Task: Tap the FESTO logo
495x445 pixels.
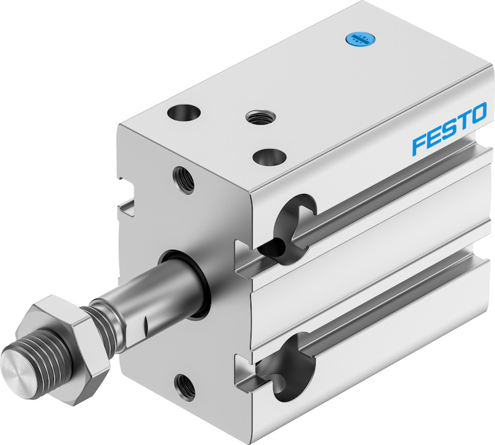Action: pyautogui.click(x=449, y=129)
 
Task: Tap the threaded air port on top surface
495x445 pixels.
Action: pyautogui.click(x=260, y=116)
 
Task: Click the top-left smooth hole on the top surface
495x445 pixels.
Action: pyautogui.click(x=184, y=113)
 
